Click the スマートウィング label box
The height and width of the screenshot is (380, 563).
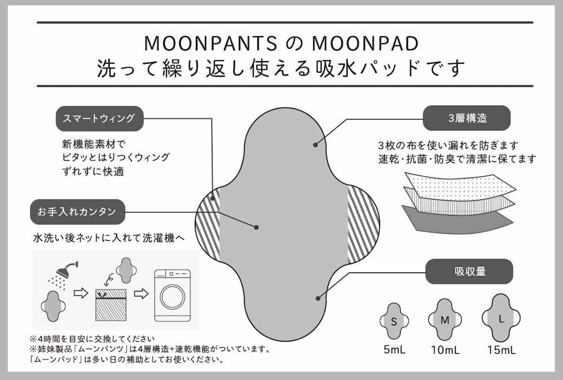click(x=99, y=118)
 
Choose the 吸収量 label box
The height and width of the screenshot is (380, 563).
click(x=469, y=271)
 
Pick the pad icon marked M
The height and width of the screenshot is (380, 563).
click(x=445, y=320)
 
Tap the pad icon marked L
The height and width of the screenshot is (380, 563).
click(x=501, y=318)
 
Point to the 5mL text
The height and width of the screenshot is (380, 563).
click(x=394, y=350)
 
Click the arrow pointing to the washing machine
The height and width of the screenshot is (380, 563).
click(x=141, y=294)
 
